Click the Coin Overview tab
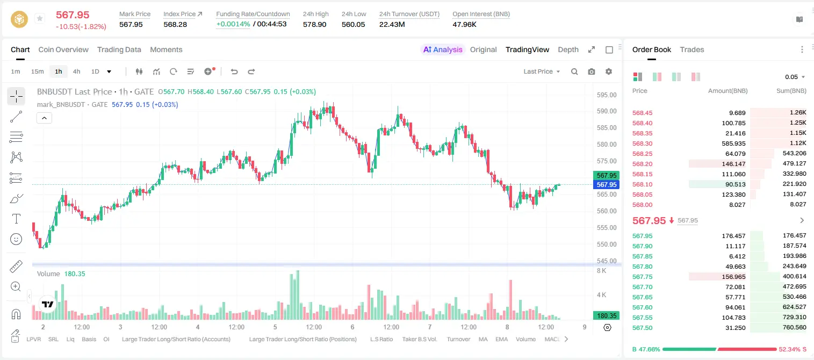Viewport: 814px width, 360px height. tap(63, 49)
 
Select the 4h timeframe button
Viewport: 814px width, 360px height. tap(76, 71)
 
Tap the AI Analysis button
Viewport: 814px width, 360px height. tap(443, 49)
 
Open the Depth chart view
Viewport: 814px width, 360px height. tap(568, 49)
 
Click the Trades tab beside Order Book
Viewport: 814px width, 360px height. tap(692, 49)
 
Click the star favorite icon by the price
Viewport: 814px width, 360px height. tap(40, 18)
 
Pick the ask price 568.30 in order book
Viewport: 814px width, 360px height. tap(642, 143)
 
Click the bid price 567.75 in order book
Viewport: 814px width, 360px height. tap(642, 277)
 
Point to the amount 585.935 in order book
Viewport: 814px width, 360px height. tap(733, 143)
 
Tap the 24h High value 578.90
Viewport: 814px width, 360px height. tap(315, 24)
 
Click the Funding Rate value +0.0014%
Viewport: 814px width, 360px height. tap(233, 24)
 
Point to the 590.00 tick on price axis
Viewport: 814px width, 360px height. tap(607, 111)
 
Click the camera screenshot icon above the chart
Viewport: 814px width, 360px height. tap(592, 71)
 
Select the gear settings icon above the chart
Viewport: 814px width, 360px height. tap(609, 71)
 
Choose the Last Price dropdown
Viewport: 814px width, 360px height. tap(542, 71)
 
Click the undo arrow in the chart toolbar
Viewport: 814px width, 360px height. tap(234, 71)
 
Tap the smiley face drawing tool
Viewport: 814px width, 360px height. tap(16, 239)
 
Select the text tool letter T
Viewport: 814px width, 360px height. tap(16, 219)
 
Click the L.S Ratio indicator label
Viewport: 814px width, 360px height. tap(381, 339)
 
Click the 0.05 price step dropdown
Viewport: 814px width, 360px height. tap(795, 77)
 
